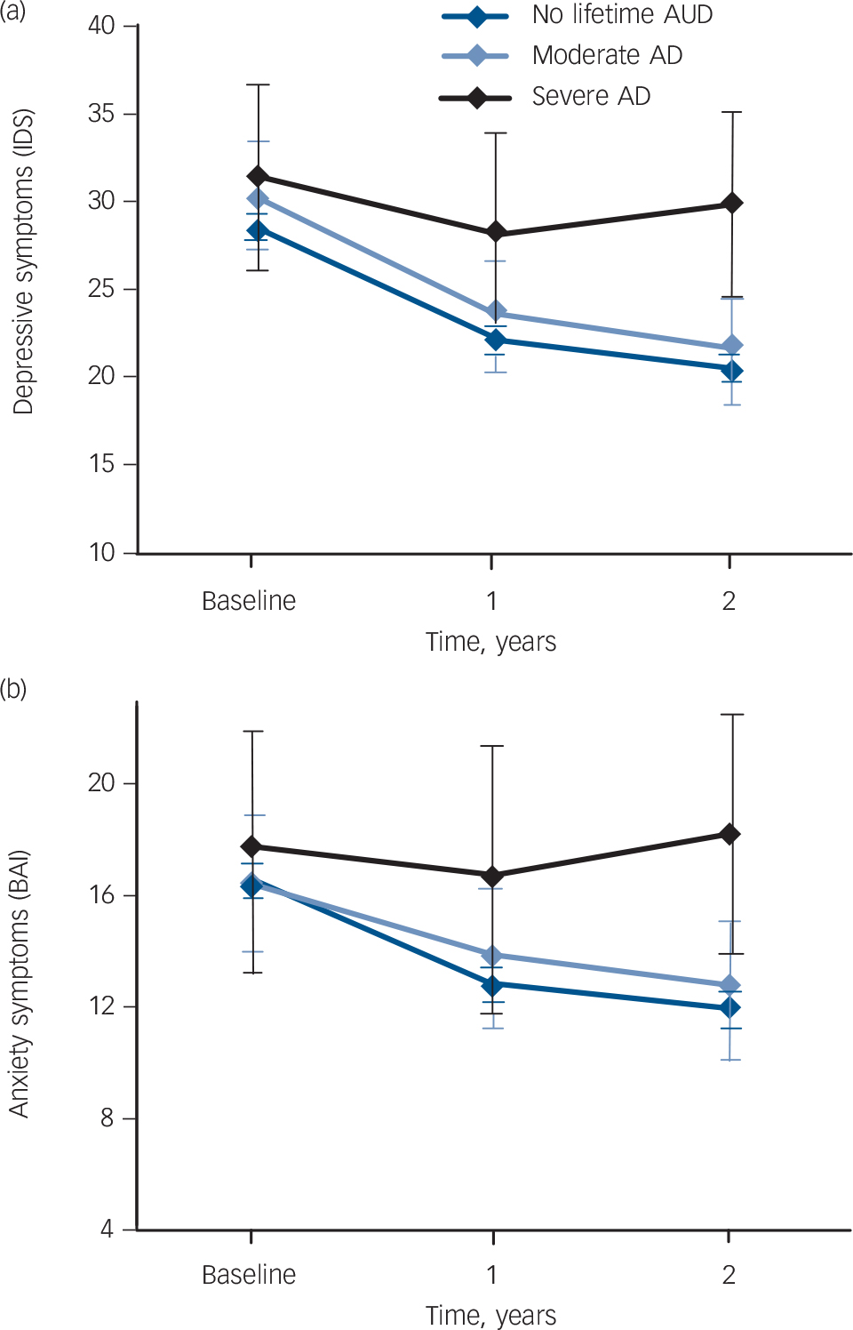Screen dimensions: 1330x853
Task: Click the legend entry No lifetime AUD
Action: (621, 15)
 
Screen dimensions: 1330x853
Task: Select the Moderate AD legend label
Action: (607, 56)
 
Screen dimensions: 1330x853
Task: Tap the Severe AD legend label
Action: (591, 96)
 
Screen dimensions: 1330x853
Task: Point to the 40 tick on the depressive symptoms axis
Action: (101, 26)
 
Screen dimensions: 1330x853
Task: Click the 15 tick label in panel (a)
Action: (101, 464)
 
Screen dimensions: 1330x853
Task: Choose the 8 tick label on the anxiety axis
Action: (108, 1118)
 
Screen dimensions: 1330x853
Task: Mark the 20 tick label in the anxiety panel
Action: (101, 783)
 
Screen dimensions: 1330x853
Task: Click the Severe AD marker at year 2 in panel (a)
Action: (731, 204)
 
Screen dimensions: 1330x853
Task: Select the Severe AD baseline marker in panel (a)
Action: (258, 177)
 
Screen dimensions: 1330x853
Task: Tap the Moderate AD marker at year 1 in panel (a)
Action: (496, 313)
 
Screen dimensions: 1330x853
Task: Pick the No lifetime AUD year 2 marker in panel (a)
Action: (731, 370)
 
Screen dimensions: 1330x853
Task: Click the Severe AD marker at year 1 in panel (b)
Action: (492, 877)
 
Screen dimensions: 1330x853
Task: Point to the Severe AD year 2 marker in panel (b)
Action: (729, 834)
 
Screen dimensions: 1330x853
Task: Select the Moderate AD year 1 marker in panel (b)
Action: (492, 956)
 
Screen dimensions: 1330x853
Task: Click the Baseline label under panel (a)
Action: (249, 602)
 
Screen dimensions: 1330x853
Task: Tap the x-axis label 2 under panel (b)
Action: (729, 1275)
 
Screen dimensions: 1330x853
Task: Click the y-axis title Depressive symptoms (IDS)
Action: (23, 261)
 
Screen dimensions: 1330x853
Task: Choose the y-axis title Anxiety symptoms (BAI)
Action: (20, 984)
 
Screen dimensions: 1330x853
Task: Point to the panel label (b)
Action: (13, 689)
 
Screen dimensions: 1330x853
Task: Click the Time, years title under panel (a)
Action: (490, 642)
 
